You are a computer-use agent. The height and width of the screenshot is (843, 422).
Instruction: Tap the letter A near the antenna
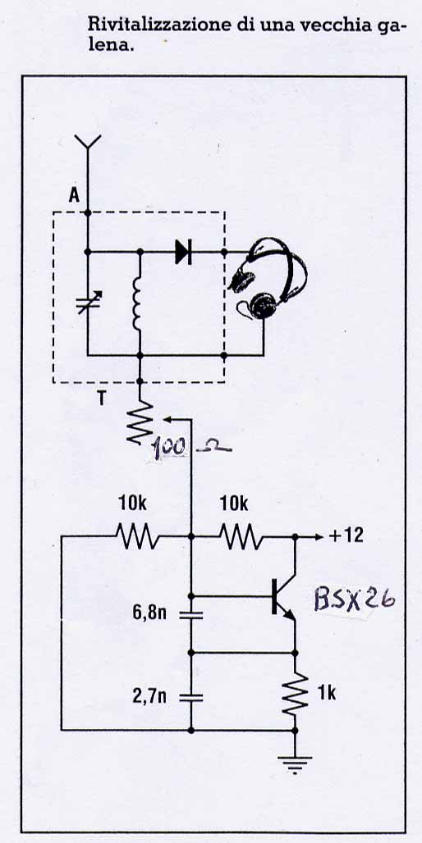click(74, 195)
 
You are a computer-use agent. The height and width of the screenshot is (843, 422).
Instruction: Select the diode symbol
click(184, 251)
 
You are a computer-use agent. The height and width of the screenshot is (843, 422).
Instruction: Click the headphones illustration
click(267, 280)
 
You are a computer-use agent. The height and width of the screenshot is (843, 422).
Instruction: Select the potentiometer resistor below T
click(139, 422)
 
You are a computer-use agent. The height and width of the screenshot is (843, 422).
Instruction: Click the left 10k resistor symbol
click(137, 536)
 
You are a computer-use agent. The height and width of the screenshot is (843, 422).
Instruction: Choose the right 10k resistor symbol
click(241, 536)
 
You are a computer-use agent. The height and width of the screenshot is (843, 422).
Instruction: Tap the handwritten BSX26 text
click(355, 599)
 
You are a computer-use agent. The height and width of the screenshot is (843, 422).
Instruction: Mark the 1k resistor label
click(327, 694)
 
